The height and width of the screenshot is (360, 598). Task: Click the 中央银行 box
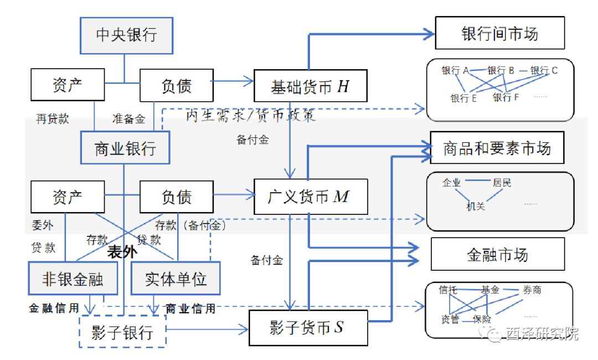126,35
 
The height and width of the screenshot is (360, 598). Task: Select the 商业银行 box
125,148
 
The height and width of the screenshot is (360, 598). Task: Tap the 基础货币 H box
310,85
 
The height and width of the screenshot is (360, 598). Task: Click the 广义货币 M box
310,197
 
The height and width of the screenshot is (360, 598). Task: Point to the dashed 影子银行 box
123,331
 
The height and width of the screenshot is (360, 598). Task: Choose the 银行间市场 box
499,33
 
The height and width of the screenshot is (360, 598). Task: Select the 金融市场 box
497,255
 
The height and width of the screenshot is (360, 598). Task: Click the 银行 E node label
463,99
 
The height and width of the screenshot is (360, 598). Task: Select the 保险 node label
482,320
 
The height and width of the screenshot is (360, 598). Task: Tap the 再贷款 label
53,119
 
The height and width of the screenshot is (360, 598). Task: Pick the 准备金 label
128,119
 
